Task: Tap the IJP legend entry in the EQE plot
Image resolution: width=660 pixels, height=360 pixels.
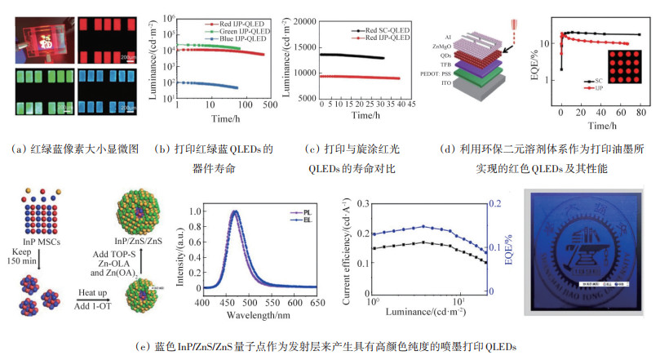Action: pyautogui.click(x=596, y=87)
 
